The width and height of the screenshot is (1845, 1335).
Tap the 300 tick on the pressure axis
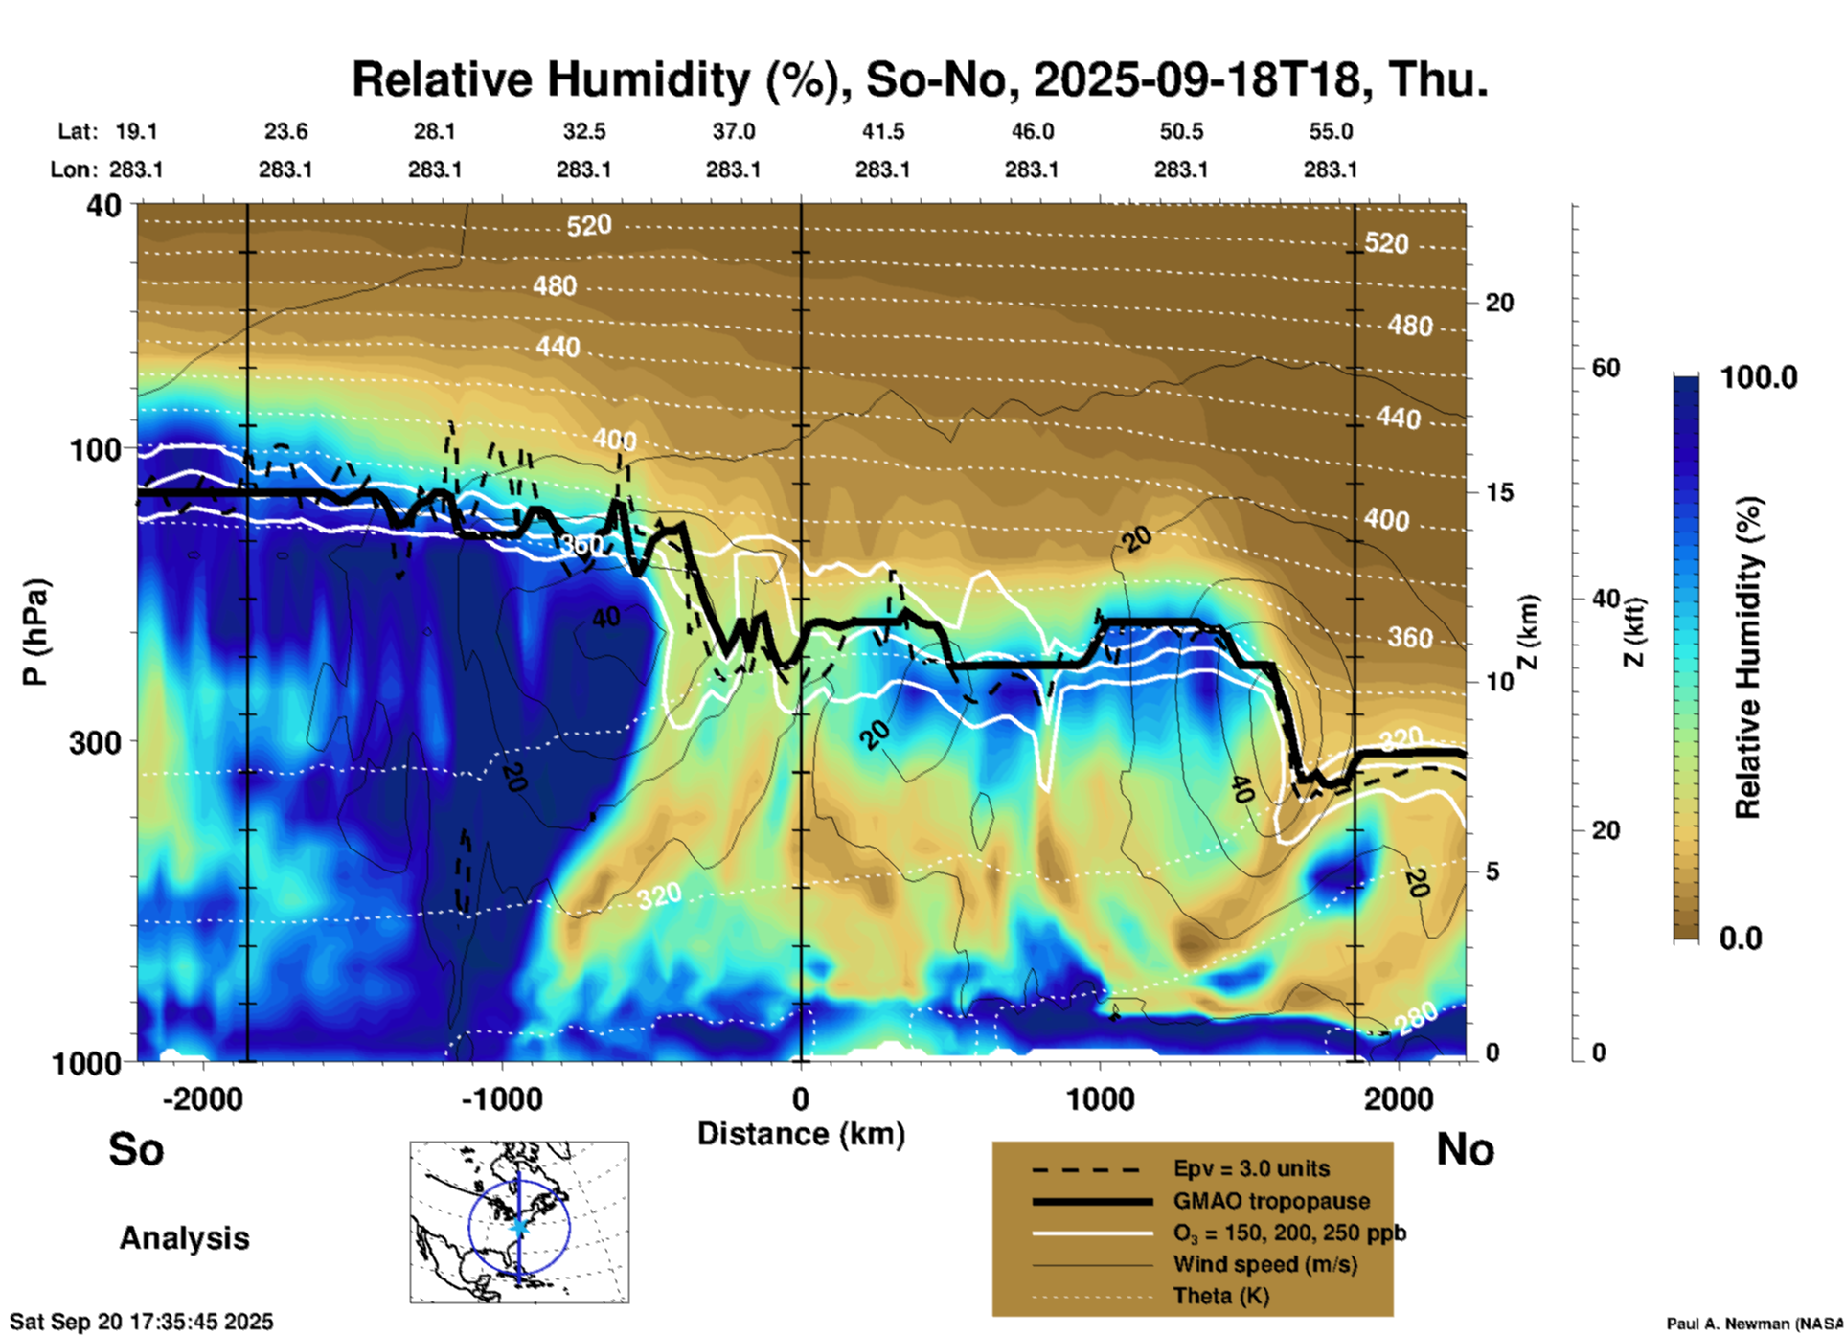click(95, 742)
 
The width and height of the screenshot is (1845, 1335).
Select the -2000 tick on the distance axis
click(202, 1098)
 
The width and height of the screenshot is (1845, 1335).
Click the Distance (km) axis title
click(801, 1134)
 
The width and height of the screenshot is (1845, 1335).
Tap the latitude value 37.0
click(733, 131)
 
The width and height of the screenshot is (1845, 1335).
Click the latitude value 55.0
click(1331, 131)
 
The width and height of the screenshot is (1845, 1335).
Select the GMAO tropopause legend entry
click(1271, 1201)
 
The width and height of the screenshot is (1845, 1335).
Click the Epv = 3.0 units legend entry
click(1251, 1168)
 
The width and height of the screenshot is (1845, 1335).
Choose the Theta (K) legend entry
click(1221, 1296)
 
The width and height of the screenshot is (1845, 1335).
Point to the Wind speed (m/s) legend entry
click(1264, 1264)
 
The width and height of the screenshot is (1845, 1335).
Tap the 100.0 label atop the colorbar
click(1759, 377)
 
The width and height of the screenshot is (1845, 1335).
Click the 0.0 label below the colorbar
click(1741, 938)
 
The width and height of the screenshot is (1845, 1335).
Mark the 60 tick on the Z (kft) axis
click(1606, 368)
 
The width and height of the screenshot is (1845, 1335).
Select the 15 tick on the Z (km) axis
click(1499, 492)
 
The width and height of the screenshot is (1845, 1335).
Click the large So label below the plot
click(136, 1149)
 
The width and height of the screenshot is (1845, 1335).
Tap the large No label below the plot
click(1465, 1149)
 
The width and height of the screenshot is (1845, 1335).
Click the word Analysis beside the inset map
click(184, 1237)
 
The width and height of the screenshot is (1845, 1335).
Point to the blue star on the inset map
click(519, 1226)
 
